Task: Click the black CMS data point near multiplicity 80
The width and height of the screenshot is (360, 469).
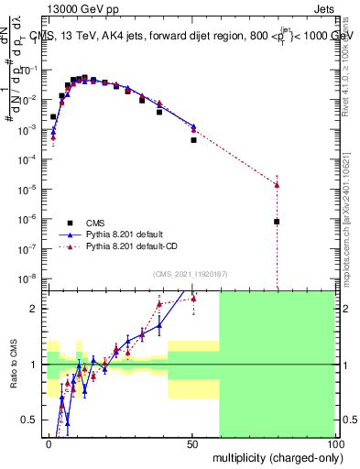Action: pos(277,222)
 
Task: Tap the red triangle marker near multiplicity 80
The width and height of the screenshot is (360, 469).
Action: pos(277,184)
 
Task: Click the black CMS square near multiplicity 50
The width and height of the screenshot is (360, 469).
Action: pos(193,140)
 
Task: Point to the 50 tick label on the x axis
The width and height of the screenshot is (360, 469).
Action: pos(191,442)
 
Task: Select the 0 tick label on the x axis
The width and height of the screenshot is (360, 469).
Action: pos(49,442)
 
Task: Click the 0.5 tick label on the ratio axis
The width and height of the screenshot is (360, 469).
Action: pos(31,420)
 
